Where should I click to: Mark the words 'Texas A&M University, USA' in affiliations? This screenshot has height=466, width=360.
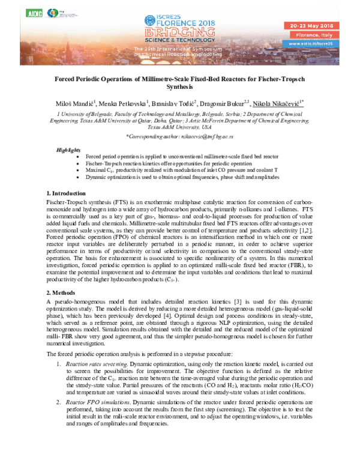click(x=179, y=127)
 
